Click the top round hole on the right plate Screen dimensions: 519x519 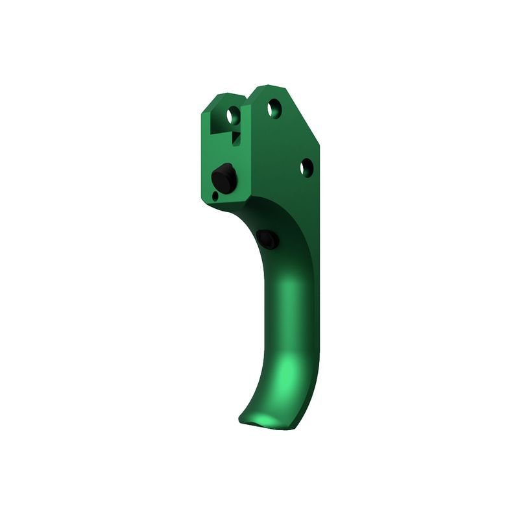point(274,107)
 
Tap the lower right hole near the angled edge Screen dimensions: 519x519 point(306,167)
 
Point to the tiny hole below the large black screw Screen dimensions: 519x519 point(215,194)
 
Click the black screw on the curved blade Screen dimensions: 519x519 point(267,238)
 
